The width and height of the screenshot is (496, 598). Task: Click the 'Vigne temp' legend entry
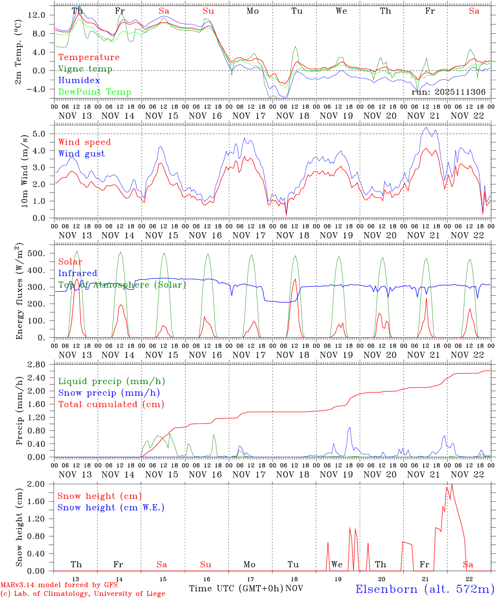pyautogui.click(x=85, y=69)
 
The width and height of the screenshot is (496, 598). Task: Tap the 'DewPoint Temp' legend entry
pyautogui.click(x=95, y=92)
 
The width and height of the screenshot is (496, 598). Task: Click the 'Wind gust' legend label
pyautogui.click(x=81, y=154)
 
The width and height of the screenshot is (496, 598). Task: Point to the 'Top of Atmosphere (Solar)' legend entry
pyautogui.click(x=122, y=285)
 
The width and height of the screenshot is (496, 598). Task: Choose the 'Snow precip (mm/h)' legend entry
pyautogui.click(x=109, y=393)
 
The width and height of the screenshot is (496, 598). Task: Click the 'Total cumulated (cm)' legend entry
pyautogui.click(x=111, y=404)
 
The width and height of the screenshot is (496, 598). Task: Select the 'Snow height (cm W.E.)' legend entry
pyautogui.click(x=111, y=507)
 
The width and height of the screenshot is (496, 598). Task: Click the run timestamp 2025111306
pyautogui.click(x=448, y=92)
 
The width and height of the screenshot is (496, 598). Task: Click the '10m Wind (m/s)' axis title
pyautogui.click(x=24, y=170)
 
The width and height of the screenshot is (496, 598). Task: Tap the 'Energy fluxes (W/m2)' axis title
pyautogui.click(x=19, y=292)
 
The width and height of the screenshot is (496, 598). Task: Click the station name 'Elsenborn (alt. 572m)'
pyautogui.click(x=425, y=589)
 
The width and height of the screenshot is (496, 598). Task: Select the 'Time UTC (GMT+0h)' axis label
pyautogui.click(x=236, y=588)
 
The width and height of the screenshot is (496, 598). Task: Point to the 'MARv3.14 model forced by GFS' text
pyautogui.click(x=59, y=585)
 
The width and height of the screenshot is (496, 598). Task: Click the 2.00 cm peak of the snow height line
pyautogui.click(x=452, y=484)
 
